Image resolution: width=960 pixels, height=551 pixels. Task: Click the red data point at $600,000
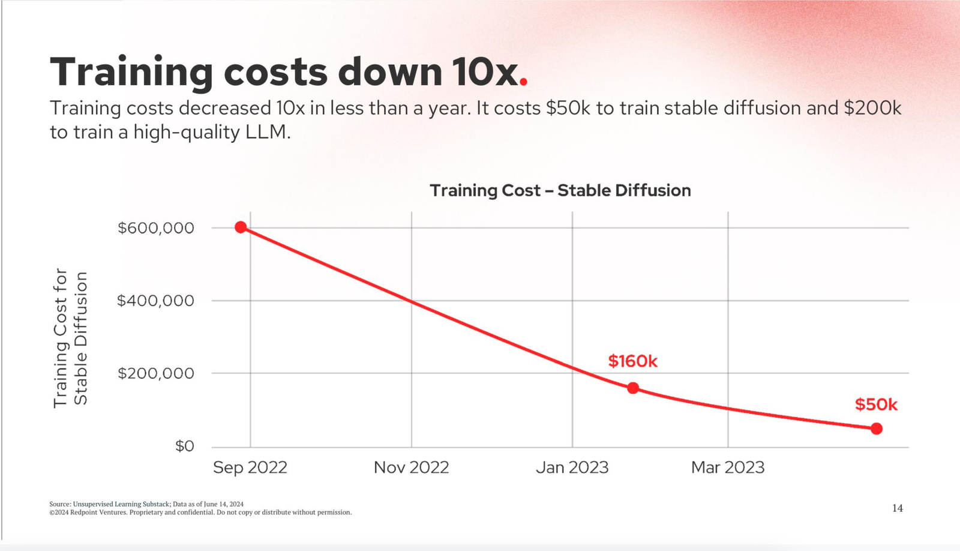pyautogui.click(x=241, y=227)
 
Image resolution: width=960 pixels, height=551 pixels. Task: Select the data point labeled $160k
pyautogui.click(x=633, y=388)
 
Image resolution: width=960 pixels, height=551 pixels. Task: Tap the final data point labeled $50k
pyautogui.click(x=877, y=429)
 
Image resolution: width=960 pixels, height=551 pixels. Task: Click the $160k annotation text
pyautogui.click(x=632, y=361)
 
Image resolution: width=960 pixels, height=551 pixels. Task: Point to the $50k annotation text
pyautogui.click(x=876, y=405)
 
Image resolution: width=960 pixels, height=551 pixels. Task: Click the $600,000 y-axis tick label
pyautogui.click(x=156, y=228)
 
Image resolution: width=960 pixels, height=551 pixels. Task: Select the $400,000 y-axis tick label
pyautogui.click(x=156, y=301)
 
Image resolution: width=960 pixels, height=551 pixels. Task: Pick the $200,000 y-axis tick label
pyautogui.click(x=156, y=373)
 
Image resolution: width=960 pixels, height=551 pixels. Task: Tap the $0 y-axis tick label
pyautogui.click(x=185, y=446)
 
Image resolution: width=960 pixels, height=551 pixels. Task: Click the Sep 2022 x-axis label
pyautogui.click(x=250, y=468)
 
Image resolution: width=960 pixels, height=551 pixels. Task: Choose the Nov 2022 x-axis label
pyautogui.click(x=411, y=468)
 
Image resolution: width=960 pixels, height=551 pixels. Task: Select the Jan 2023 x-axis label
pyautogui.click(x=572, y=468)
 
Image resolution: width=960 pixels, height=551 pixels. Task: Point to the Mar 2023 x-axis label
pyautogui.click(x=728, y=468)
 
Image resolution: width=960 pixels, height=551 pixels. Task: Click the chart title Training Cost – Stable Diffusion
pyautogui.click(x=560, y=191)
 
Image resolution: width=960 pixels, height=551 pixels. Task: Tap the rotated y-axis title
pyautogui.click(x=70, y=338)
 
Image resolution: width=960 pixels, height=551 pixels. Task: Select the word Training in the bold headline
pyautogui.click(x=131, y=72)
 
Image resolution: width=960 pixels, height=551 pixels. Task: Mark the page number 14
pyautogui.click(x=897, y=508)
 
